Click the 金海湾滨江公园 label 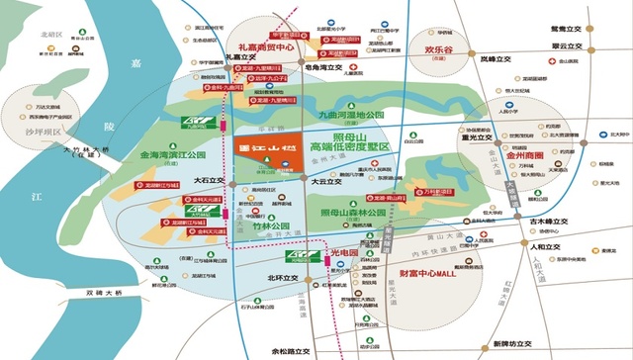pyautogui.click(x=172, y=155)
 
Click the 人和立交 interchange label pyautogui.click(x=544, y=247)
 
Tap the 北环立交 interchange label pyautogui.click(x=282, y=278)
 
